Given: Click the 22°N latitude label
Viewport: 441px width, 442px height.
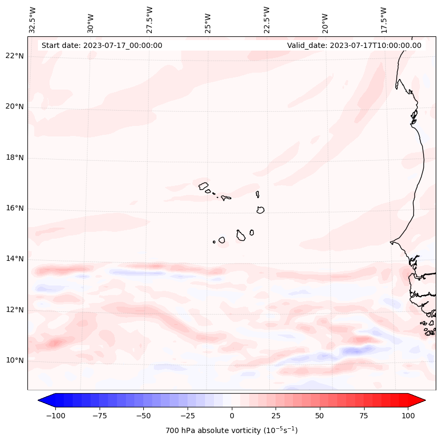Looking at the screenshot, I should click(14, 56).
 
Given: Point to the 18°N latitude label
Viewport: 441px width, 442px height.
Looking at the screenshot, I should click(14, 158).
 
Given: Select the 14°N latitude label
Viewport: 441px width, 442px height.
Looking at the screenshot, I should click(14, 259).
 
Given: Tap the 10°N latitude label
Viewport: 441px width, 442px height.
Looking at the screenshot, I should click(14, 360).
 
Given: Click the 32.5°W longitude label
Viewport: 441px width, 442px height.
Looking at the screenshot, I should click(33, 19).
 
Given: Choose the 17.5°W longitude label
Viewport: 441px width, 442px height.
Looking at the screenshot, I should click(384, 19).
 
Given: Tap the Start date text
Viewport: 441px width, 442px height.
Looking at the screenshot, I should click(102, 45).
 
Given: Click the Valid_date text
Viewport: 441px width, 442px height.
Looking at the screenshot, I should click(354, 45).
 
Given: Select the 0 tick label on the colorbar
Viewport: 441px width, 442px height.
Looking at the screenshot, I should click(231, 416).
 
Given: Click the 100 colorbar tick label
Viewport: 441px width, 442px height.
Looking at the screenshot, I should click(408, 416).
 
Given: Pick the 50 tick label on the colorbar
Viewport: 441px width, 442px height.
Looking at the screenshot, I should click(319, 416).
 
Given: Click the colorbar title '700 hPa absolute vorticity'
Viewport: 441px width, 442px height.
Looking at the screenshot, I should click(231, 430).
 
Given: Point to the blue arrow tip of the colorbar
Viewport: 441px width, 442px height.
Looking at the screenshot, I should click(42, 400).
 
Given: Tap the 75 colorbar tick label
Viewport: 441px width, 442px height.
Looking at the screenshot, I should click(364, 416).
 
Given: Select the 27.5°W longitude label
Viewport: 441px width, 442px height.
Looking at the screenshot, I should click(150, 19).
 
